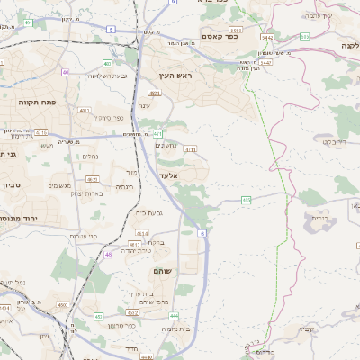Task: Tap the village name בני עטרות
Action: [x=89, y=236]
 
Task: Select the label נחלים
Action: [x=90, y=156]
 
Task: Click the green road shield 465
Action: [x=246, y=200]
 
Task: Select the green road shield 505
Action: [x=304, y=37]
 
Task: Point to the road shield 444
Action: [x=174, y=316]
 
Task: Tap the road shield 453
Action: [x=98, y=317]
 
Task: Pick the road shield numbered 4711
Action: [x=190, y=149]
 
